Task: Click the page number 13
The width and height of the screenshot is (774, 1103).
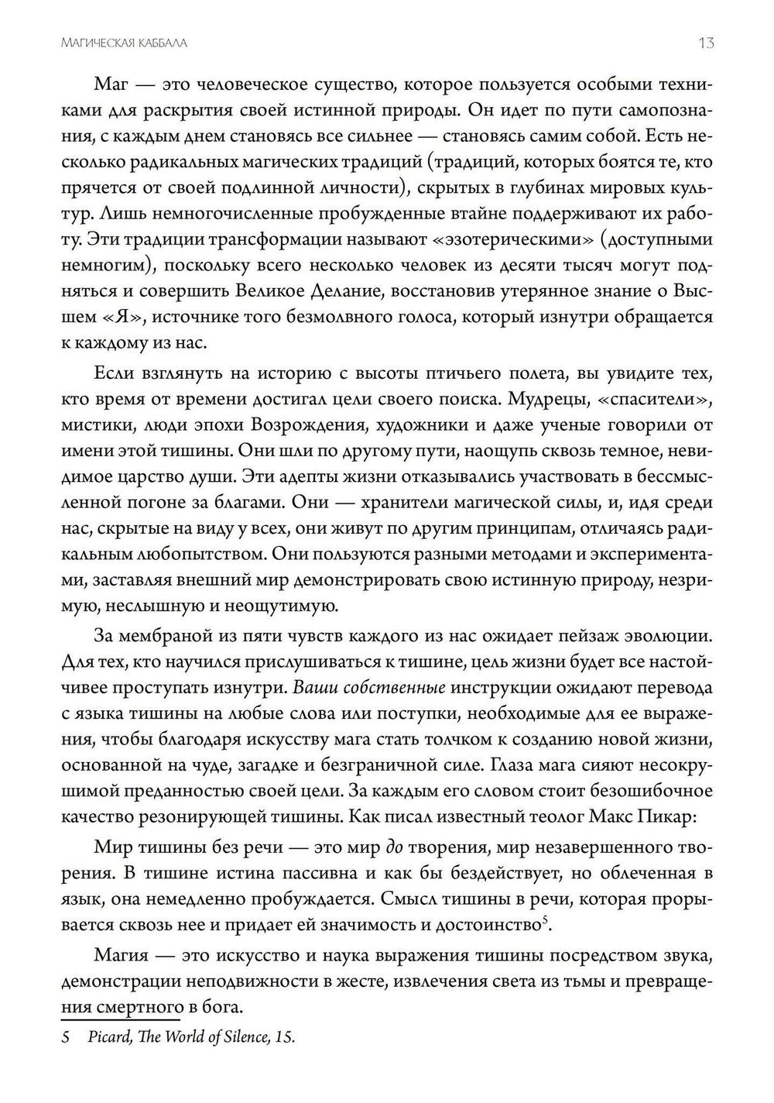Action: pyautogui.click(x=705, y=43)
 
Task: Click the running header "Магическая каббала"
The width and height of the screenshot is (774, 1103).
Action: pyautogui.click(x=124, y=43)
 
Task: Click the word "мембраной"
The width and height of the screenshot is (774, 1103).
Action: pyautogui.click(x=168, y=636)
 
